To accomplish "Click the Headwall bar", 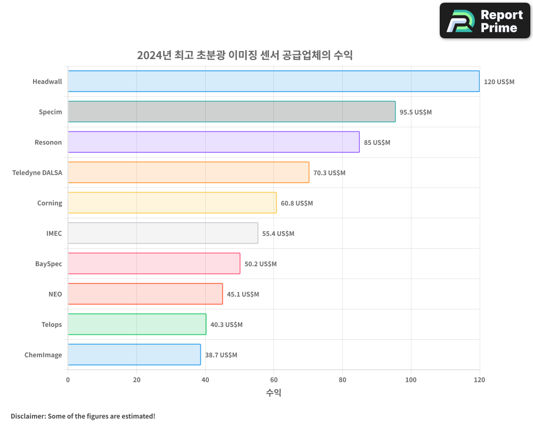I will click(x=273, y=81).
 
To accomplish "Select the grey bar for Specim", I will click(x=231, y=112).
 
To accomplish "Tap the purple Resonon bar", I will click(x=213, y=142).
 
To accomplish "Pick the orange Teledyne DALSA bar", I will click(x=188, y=173).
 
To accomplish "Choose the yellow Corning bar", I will click(x=172, y=203).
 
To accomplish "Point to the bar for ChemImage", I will click(x=134, y=355).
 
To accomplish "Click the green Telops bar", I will click(x=137, y=324).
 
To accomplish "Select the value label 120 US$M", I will click(x=499, y=82).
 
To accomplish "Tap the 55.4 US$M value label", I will click(x=278, y=234).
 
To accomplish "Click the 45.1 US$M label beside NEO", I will click(x=243, y=294).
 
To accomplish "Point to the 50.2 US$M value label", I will click(x=261, y=264).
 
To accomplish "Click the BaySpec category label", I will click(x=49, y=264).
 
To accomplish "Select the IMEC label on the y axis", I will click(x=54, y=233).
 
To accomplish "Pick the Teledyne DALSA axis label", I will click(x=37, y=173).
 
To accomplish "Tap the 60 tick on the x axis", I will click(x=273, y=380).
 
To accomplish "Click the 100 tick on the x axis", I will click(x=411, y=380).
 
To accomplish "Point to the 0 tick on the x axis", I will click(x=68, y=380).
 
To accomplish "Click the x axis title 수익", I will click(x=273, y=393).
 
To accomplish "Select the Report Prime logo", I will click(x=485, y=21).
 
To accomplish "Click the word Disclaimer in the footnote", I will click(x=27, y=416).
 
